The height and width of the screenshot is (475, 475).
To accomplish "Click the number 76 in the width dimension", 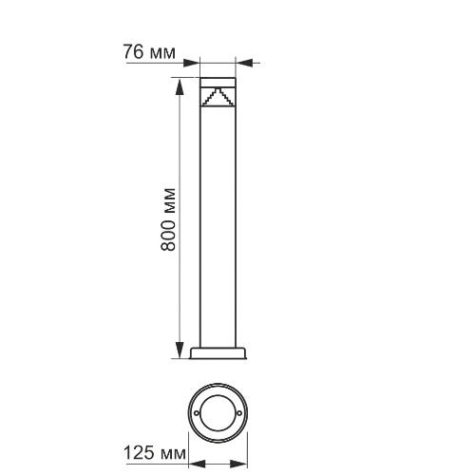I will pos(135,51).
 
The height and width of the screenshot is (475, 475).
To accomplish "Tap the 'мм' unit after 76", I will pos(162,51).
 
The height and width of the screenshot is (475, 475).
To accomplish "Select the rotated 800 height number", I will pos(168,234).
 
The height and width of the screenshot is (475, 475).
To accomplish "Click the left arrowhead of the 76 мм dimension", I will pos(194,63).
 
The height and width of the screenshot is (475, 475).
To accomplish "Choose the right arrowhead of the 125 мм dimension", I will pos(245,464).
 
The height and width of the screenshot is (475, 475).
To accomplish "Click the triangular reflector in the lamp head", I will pos(218,97).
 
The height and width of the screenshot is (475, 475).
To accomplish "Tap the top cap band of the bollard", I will pos(218,79).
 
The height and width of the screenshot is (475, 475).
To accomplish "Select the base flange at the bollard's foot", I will pos(218,354).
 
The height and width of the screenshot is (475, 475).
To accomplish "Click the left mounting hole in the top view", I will pos(197,414).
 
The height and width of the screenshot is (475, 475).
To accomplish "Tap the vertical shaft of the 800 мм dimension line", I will pos(179,142).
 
